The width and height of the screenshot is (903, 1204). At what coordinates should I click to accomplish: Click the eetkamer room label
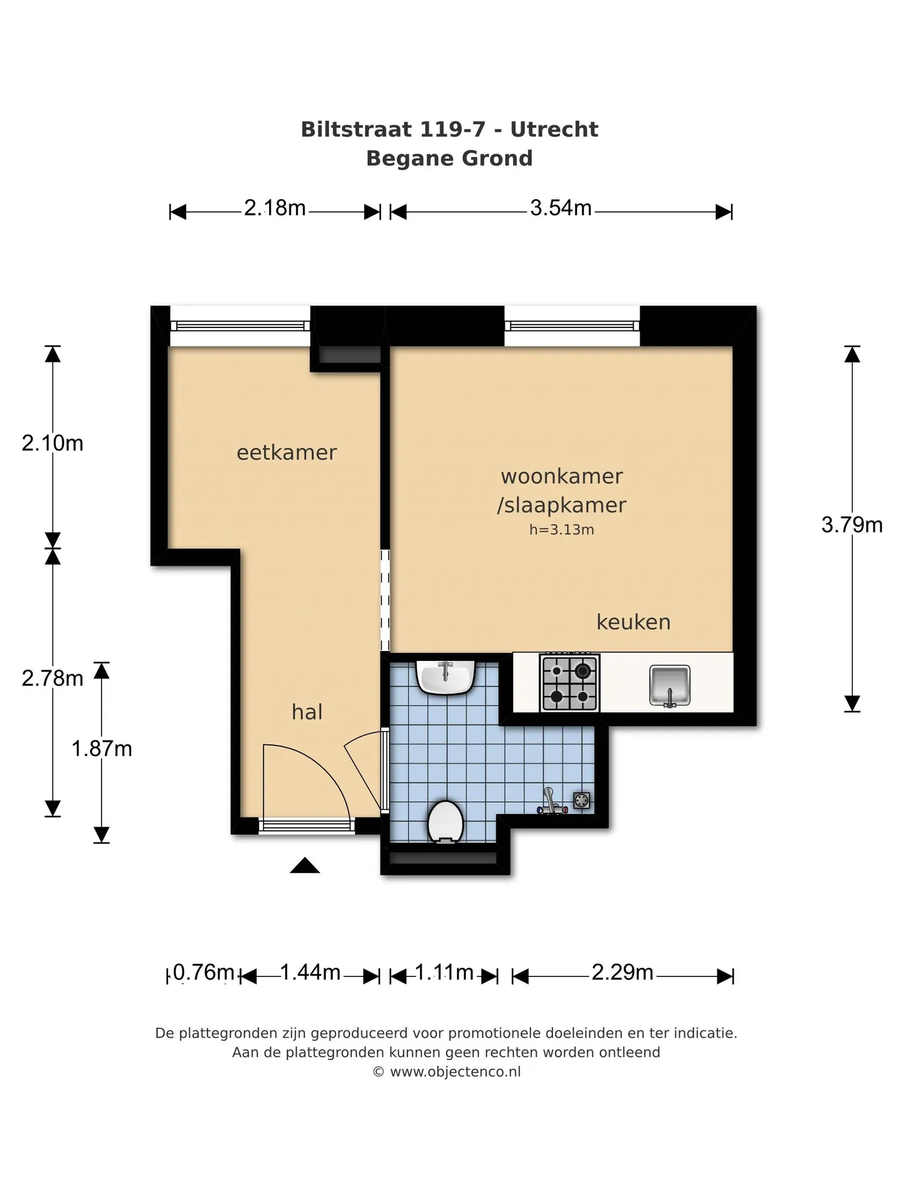point(287,452)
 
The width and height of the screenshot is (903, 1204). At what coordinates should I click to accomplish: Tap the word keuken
point(633,622)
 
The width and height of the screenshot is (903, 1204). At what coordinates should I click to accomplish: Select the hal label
point(307,712)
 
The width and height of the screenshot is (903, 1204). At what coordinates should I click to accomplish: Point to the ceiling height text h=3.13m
point(562,529)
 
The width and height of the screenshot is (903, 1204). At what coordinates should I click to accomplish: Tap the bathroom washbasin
point(446,677)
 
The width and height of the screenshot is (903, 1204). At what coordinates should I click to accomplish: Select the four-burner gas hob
point(569,683)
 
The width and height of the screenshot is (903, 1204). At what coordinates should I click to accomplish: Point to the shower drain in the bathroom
point(582,800)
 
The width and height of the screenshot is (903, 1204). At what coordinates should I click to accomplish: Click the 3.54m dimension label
point(561,208)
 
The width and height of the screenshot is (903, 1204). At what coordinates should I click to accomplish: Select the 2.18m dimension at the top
point(275,208)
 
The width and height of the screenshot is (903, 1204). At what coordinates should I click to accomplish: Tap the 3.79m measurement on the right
point(852,524)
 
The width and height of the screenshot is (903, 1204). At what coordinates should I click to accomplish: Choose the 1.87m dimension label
point(102,749)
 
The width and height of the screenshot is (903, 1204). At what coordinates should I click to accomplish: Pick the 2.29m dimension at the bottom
point(623,972)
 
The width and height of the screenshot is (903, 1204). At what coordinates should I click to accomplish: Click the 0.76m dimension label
point(203,972)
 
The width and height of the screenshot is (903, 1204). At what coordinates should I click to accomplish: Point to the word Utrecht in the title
point(554,129)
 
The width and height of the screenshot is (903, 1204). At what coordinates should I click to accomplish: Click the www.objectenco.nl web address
point(455,1072)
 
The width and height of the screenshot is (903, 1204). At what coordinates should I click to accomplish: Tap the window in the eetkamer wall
point(240,326)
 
